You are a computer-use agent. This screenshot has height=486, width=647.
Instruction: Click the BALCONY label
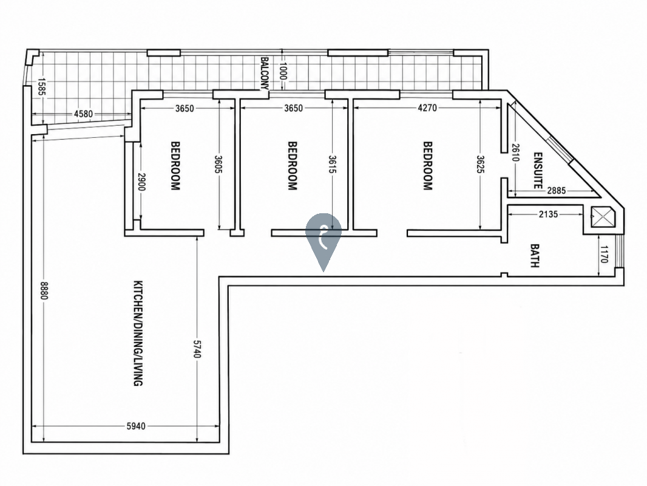pos(265,73)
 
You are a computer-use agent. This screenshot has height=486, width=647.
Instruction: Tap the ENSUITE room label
pos(538,171)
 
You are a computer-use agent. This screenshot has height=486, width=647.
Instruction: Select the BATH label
pos(534,256)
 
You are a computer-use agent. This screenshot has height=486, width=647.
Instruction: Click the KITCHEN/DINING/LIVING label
pos(138,334)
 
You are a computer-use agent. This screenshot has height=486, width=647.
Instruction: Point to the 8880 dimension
pos(44,291)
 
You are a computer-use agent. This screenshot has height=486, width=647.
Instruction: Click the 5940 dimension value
pos(136,426)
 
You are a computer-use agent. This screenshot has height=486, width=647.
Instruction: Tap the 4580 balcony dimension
pos(83,114)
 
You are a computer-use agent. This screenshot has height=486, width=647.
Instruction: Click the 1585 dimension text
pos(41,87)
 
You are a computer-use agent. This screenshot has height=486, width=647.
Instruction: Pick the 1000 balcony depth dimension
pos(282,71)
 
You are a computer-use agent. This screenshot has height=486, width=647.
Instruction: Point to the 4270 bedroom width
pos(427,108)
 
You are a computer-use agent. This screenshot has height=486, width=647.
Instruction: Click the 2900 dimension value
pos(141,182)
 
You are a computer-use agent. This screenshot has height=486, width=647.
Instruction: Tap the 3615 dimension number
pos(332,165)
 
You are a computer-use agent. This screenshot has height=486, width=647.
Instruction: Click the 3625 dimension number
pos(480,165)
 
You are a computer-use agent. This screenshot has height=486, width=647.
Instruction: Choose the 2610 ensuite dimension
pos(515,152)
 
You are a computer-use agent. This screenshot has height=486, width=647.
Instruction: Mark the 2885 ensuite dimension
pos(557,191)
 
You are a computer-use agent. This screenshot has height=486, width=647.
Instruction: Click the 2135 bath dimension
pos(549,214)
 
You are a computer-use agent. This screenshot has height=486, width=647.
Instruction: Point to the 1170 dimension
pos(604,254)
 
